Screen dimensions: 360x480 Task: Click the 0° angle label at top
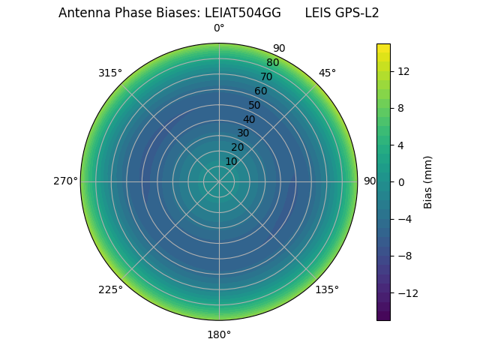(x=219, y=28)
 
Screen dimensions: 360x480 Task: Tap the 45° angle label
(x=327, y=73)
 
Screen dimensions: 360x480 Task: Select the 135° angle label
(x=327, y=289)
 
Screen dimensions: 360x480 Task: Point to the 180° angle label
(x=219, y=334)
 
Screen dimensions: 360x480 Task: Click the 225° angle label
(x=110, y=289)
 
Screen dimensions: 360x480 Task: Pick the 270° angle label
(x=65, y=181)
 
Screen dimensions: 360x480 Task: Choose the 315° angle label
(x=110, y=73)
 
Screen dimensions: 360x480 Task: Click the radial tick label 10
(x=231, y=162)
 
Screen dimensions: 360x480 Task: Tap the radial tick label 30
(x=243, y=133)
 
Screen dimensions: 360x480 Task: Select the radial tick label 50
(x=255, y=106)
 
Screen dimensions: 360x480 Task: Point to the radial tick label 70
(x=266, y=77)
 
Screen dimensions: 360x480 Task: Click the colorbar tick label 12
(x=403, y=71)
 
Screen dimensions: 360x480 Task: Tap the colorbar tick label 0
(x=400, y=182)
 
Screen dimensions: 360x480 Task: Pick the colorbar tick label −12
(x=406, y=293)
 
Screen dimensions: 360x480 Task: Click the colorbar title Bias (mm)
(x=428, y=182)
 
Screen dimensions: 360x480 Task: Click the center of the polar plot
(x=219, y=181)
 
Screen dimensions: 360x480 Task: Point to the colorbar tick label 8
(x=400, y=108)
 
